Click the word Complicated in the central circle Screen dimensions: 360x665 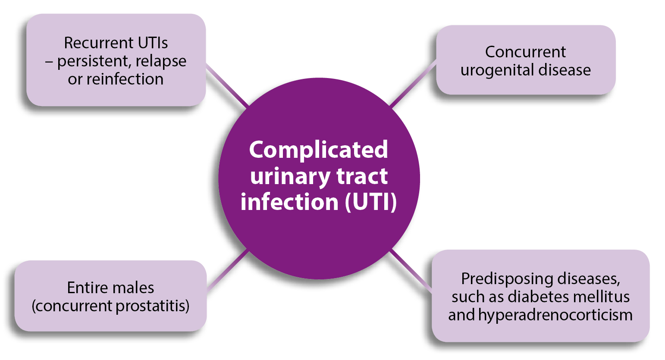point(318,150)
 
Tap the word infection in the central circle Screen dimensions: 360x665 point(289,202)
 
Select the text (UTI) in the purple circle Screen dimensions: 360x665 point(371,202)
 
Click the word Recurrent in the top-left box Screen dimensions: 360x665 point(92,43)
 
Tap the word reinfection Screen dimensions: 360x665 point(125,79)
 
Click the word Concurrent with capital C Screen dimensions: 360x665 point(525,52)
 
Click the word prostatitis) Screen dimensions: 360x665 point(153,306)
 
